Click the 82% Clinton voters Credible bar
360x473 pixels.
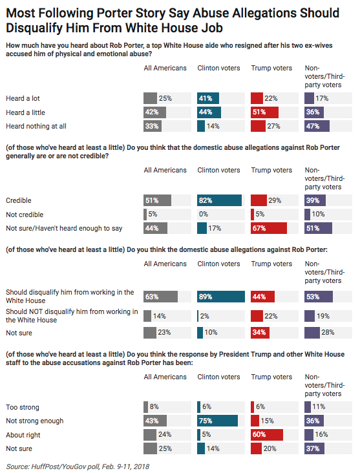tap(219, 200)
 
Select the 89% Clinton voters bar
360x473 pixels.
tap(221, 297)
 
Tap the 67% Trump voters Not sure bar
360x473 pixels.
tap(269, 228)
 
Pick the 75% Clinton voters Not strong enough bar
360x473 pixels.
tap(218, 421)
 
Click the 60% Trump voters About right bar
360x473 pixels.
tap(267, 435)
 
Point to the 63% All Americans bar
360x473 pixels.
tap(160, 297)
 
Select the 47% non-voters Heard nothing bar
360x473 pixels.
tap(317, 126)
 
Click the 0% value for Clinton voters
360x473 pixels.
tap(204, 214)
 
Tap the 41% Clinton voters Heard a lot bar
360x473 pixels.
tap(208, 98)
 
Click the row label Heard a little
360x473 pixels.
tap(25, 112)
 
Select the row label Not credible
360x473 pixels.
tap(25, 215)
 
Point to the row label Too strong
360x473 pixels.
tap(23, 407)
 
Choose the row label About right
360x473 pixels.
tap(23, 435)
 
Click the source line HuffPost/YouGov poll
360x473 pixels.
tap(78, 467)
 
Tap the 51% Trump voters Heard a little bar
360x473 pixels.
tap(264, 112)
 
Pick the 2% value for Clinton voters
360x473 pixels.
tap(204, 316)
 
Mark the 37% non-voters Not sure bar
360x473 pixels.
tap(314, 448)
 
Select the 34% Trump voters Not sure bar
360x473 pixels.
tap(260, 332)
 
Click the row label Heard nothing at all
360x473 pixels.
tap(36, 126)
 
